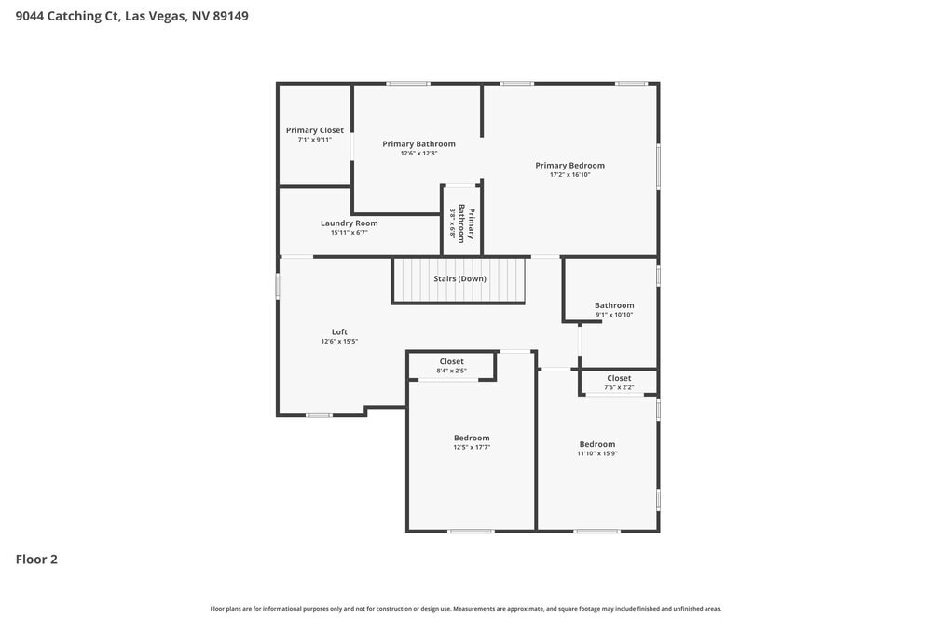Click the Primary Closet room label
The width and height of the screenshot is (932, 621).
(x=314, y=130)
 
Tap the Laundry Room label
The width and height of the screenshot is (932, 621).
(x=349, y=223)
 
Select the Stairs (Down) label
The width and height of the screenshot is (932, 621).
(x=459, y=278)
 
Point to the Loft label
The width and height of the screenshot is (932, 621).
(x=339, y=331)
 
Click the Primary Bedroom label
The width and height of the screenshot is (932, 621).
(x=570, y=165)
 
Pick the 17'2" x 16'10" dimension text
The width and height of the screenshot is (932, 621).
(x=570, y=174)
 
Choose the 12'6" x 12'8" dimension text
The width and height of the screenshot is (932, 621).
(x=418, y=154)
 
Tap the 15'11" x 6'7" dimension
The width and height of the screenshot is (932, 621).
(x=349, y=233)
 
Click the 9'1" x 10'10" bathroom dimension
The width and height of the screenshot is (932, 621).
(x=614, y=315)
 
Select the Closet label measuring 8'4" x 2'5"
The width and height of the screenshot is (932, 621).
(x=452, y=361)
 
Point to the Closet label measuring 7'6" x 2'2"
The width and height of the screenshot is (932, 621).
(x=619, y=378)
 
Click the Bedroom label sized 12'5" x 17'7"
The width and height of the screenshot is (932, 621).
(x=472, y=439)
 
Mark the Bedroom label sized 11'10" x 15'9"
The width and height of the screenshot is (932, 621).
(x=597, y=444)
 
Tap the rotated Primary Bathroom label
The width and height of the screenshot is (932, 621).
(x=466, y=223)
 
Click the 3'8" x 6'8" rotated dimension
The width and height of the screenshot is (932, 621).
(x=452, y=223)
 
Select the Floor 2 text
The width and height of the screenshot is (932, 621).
(x=36, y=560)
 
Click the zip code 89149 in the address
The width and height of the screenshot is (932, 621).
(x=230, y=16)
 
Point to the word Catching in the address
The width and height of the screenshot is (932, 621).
(x=75, y=16)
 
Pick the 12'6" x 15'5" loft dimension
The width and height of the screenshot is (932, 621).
(x=339, y=342)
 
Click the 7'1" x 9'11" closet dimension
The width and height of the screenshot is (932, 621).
(x=314, y=140)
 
